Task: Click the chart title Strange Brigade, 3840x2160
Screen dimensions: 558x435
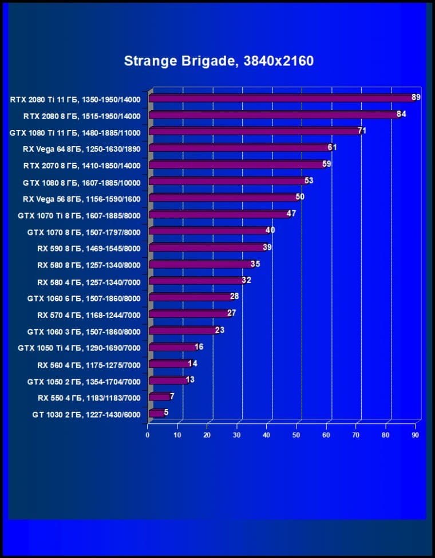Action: (219, 61)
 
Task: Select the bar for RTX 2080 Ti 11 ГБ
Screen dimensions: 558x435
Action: (280, 99)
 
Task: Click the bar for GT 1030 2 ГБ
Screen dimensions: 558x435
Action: (156, 413)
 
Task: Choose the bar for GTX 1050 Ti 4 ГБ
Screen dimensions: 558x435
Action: (172, 347)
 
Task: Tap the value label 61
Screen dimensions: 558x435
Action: (333, 148)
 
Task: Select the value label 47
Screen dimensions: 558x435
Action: (291, 214)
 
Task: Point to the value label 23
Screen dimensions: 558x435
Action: (219, 330)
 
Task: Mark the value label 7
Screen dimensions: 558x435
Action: (172, 396)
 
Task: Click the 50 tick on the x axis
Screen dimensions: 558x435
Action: (296, 435)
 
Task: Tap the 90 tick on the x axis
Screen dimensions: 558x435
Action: (416, 435)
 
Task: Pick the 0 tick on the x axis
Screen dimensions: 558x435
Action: (148, 435)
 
